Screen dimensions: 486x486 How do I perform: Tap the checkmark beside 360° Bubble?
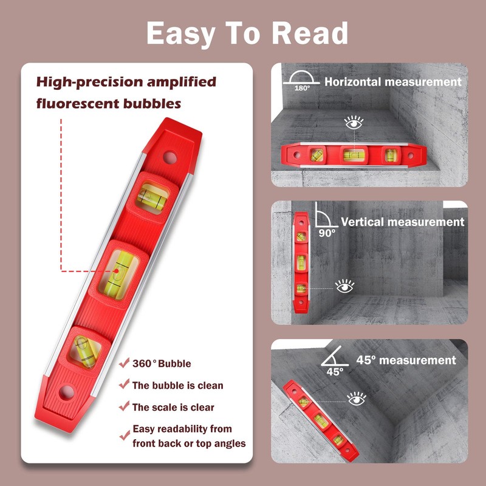pyautogui.click(x=124, y=364)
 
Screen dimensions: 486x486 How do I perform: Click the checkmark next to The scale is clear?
pyautogui.click(x=124, y=406)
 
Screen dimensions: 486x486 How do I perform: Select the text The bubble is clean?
pyautogui.click(x=177, y=385)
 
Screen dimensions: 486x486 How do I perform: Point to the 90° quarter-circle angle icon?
pyautogui.click(x=325, y=217)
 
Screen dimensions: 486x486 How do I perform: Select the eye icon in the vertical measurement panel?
pyautogui.click(x=346, y=285)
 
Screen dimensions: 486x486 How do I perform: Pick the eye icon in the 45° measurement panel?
pyautogui.click(x=357, y=399)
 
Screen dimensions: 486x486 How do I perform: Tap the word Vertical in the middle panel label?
pyautogui.click(x=362, y=222)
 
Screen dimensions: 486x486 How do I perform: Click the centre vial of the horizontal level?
pyautogui.click(x=351, y=156)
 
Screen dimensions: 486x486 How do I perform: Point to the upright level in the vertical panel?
pyautogui.click(x=301, y=261)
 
